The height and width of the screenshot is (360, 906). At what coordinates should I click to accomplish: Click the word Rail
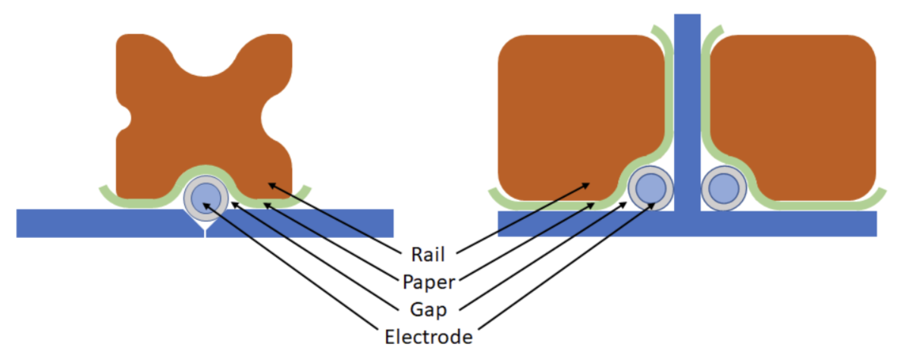click(428, 253)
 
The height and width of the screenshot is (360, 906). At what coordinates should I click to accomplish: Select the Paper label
click(429, 281)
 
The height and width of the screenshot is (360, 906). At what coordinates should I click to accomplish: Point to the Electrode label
click(429, 336)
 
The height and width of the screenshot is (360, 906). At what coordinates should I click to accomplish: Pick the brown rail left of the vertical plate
click(576, 114)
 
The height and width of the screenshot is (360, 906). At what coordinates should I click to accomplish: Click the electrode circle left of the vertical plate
click(650, 188)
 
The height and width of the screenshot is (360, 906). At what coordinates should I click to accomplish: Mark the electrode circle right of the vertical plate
click(723, 188)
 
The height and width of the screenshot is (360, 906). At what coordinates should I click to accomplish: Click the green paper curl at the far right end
click(879, 194)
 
